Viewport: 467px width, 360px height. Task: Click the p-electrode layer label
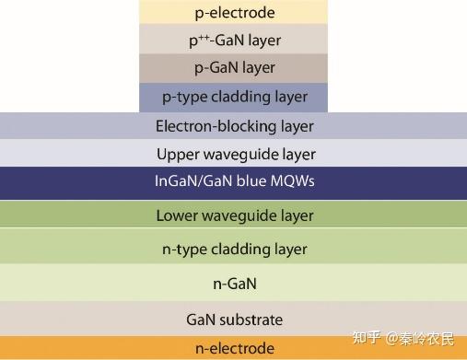(234, 13)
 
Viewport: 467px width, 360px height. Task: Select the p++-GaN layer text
(234, 41)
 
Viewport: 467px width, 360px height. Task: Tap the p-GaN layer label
(234, 68)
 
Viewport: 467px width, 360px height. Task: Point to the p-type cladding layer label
(234, 97)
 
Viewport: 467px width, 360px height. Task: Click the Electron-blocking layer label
(234, 126)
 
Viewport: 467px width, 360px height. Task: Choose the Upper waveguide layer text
(236, 154)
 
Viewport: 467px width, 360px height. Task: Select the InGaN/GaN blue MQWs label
(234, 181)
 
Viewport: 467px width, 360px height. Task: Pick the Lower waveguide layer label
(234, 216)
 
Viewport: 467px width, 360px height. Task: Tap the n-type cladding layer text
(234, 249)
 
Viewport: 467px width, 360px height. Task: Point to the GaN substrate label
(234, 319)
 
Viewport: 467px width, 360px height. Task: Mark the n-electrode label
(234, 348)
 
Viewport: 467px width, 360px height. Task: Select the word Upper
(176, 155)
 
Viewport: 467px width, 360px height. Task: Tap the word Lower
(176, 216)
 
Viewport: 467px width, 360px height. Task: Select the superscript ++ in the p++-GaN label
(199, 37)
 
